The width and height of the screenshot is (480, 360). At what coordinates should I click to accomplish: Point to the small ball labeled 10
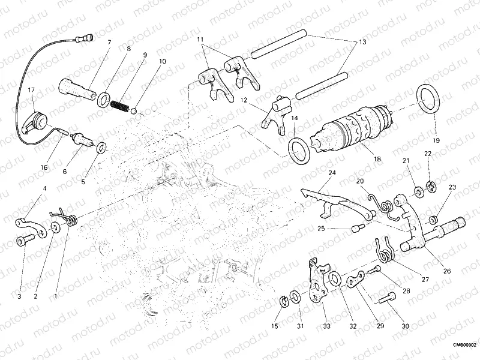tap(136, 110)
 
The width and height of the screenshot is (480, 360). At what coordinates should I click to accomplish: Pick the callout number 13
tap(362, 43)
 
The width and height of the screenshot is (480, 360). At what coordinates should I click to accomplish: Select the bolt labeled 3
tap(25, 241)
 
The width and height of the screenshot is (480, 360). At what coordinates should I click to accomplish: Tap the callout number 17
tap(31, 90)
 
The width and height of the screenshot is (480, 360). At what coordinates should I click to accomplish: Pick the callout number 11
tap(201, 40)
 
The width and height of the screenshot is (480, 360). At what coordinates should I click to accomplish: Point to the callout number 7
tap(109, 42)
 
